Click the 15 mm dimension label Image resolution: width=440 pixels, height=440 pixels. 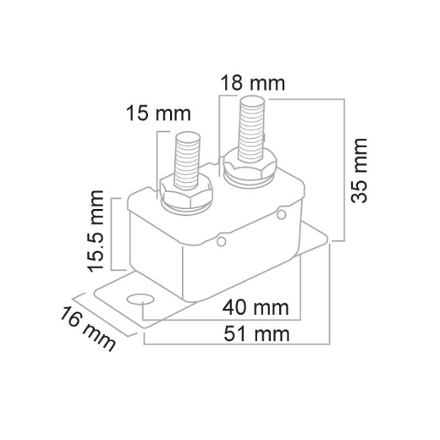[158, 113]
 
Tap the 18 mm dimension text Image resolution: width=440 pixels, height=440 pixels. [252, 84]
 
